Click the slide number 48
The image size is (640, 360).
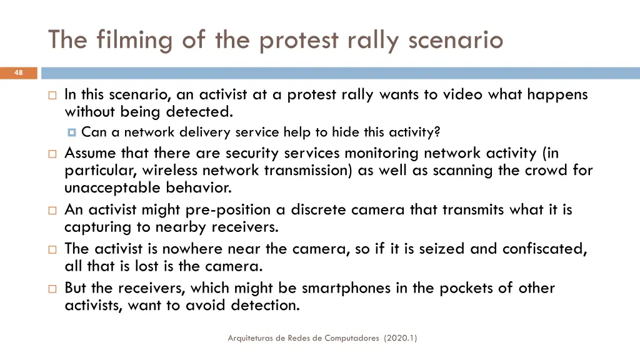click(18, 73)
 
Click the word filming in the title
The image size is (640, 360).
click(134, 40)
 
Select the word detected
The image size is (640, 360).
click(199, 112)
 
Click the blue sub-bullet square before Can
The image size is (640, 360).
click(72, 132)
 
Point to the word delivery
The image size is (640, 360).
click(206, 132)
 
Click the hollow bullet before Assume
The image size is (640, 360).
click(52, 153)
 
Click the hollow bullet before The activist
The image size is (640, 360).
click(52, 249)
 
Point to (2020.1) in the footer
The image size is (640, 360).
click(401, 338)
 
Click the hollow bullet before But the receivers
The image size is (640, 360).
click(52, 289)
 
